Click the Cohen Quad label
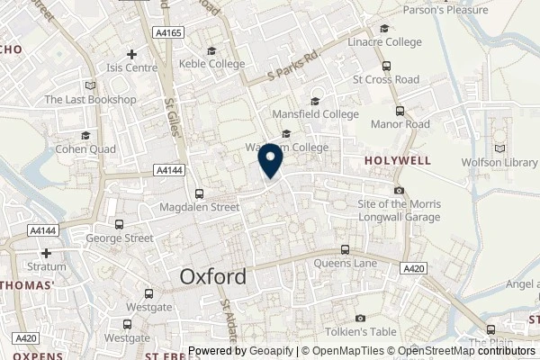tap(85, 148)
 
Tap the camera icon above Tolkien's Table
tap(361, 319)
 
